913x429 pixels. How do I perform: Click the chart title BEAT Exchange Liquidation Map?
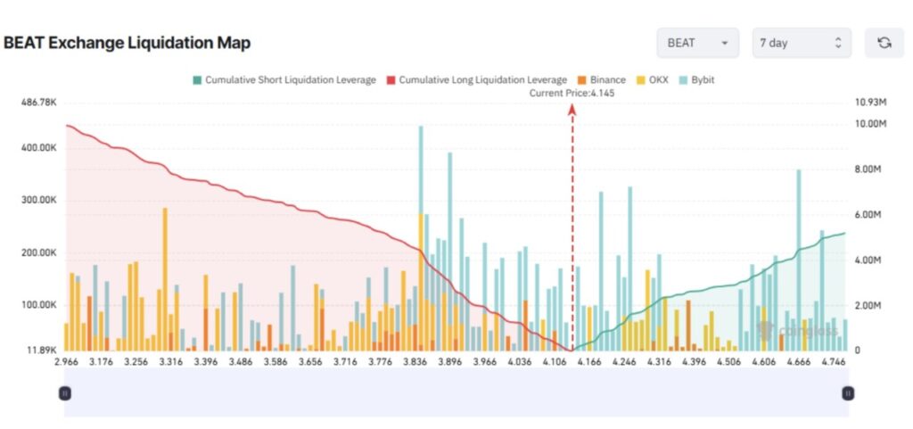coord(127,43)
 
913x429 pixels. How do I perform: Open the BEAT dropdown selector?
coord(698,43)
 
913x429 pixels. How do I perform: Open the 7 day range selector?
coord(801,43)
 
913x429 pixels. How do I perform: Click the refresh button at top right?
coord(884,43)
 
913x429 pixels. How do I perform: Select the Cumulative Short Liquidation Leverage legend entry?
coord(283,79)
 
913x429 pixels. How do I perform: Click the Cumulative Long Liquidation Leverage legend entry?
coord(476,79)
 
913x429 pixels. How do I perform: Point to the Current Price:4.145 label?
coord(572,93)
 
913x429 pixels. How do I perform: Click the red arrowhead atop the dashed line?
coord(572,108)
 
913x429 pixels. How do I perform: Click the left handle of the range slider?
coord(64,392)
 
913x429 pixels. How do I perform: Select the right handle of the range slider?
coord(848,392)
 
